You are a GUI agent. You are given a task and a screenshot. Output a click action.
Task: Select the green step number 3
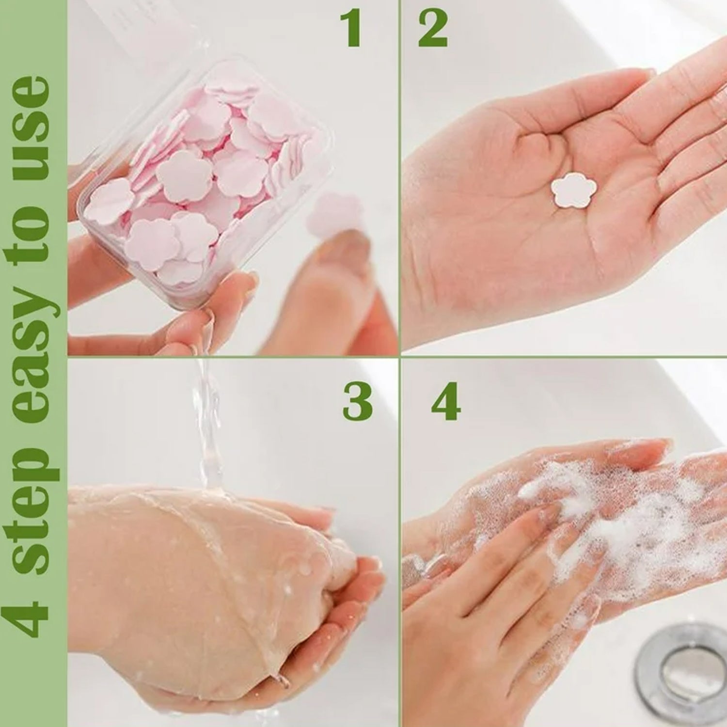358,402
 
